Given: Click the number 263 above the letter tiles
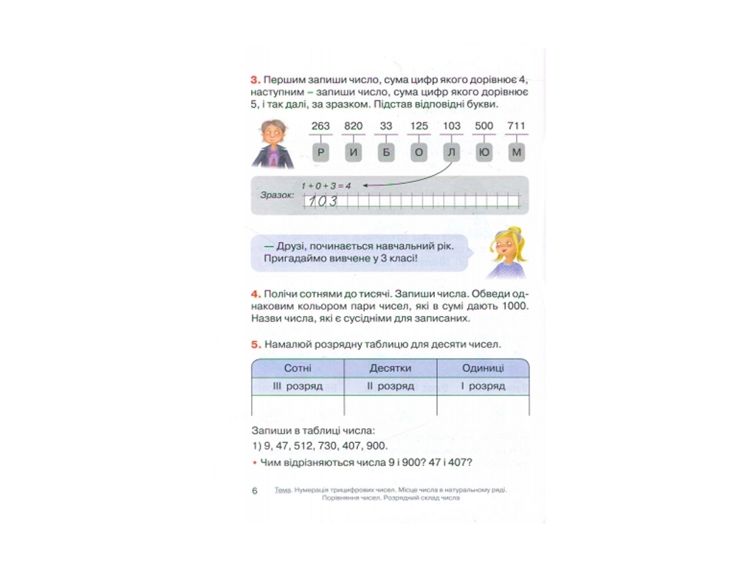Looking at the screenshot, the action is (x=320, y=126).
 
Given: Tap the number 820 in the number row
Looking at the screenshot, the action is (x=354, y=126).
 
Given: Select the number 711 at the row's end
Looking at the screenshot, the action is (x=516, y=126).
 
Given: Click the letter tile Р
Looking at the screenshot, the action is (x=320, y=153).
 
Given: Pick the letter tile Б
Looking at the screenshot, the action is (x=386, y=153).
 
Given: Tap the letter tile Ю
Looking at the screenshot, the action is (x=484, y=153).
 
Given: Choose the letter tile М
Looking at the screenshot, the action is (x=516, y=153).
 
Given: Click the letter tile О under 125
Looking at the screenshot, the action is (x=419, y=153).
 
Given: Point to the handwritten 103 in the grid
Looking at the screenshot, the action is (x=323, y=201).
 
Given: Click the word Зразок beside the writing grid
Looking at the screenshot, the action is (x=278, y=195).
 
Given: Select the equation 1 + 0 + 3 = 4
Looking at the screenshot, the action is (x=326, y=185).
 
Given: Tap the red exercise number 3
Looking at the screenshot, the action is (x=255, y=80).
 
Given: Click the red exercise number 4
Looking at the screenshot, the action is (x=255, y=294).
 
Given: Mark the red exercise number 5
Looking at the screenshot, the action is (x=255, y=345).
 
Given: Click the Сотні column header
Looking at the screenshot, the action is (x=298, y=368).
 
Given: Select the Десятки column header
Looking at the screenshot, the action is (x=391, y=368).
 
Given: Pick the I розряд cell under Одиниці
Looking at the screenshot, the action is (x=483, y=386).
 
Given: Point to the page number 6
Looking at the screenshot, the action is (x=255, y=491).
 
